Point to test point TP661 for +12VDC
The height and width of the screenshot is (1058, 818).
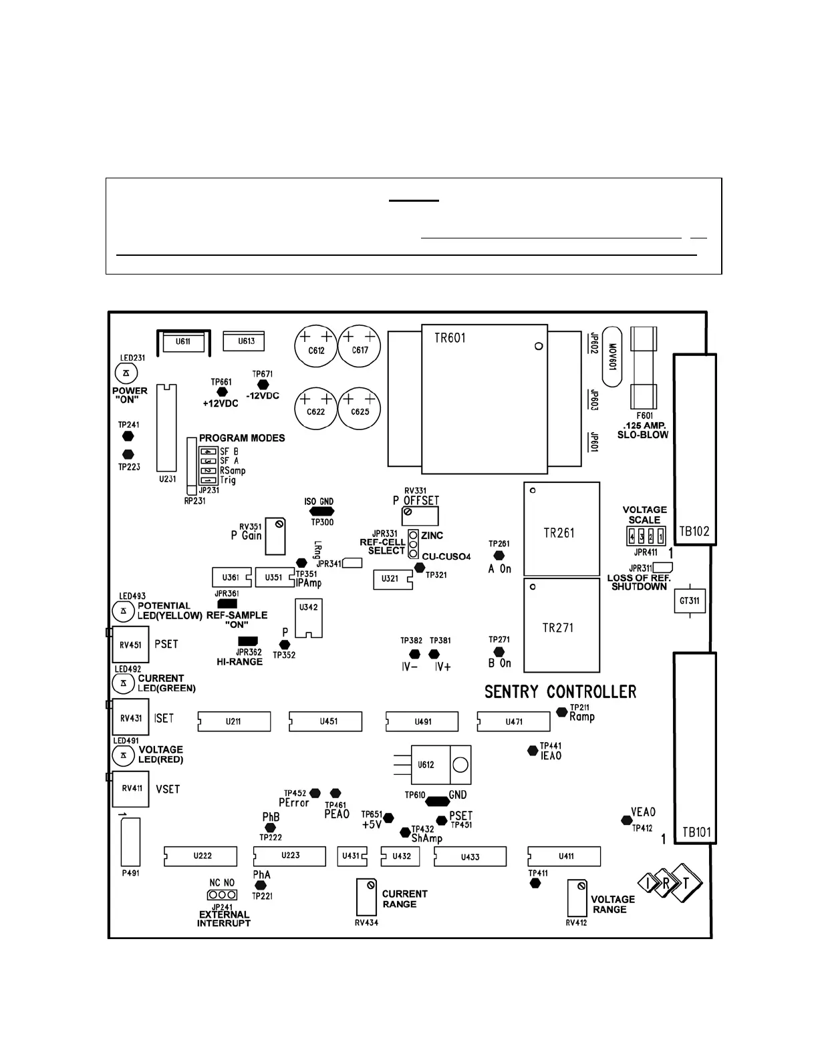223,392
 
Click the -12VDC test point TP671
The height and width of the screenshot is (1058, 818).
263,385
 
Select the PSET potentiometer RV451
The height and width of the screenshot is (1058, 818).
130,645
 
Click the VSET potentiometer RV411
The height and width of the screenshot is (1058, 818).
130,789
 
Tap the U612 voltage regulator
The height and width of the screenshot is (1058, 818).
432,765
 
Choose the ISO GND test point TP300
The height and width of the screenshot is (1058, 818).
319,512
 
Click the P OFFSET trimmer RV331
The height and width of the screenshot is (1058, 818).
420,516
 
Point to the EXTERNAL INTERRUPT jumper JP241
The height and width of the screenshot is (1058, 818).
222,894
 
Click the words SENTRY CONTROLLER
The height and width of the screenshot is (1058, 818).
560,692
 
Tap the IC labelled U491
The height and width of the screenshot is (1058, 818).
422,721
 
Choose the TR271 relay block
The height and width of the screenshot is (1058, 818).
561,625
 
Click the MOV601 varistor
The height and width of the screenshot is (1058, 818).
612,357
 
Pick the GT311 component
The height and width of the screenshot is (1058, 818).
689,601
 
